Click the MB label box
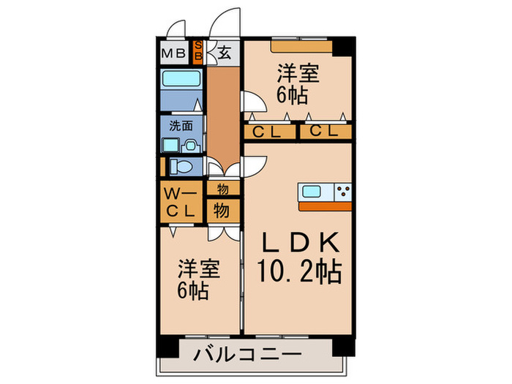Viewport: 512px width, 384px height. click(173, 53)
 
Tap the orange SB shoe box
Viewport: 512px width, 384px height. click(197, 53)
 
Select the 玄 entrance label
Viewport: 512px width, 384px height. click(222, 53)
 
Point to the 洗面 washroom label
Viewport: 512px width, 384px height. click(181, 125)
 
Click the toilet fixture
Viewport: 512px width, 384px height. click(184, 167)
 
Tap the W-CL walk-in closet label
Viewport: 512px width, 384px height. click(180, 203)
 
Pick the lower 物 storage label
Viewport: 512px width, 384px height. click(222, 211)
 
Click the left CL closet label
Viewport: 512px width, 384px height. click(264, 132)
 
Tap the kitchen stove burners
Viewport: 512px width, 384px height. click(343, 192)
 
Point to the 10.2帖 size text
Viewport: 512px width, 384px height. click(299, 274)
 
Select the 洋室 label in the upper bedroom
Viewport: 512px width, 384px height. click(297, 73)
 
